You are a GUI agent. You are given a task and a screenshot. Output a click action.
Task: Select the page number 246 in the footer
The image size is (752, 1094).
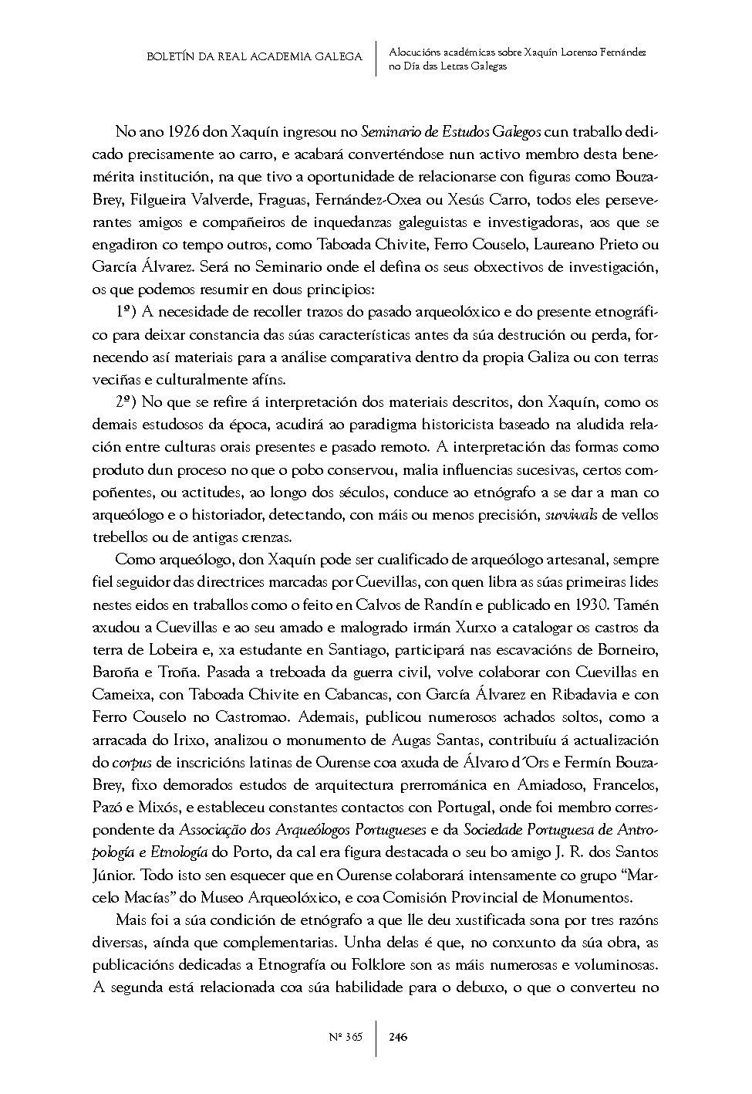click(398, 1037)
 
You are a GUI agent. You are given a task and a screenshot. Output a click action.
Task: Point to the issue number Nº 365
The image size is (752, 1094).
click(345, 1037)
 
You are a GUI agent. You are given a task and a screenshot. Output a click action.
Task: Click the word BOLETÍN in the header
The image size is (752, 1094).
click(170, 57)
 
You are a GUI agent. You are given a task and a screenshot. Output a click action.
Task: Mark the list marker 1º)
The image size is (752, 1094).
click(126, 313)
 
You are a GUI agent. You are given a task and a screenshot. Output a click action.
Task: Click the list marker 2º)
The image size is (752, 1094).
click(126, 402)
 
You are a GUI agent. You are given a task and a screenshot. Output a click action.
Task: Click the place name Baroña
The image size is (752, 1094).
click(116, 672)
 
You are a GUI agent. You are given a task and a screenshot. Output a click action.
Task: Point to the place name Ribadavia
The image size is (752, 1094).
click(584, 694)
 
